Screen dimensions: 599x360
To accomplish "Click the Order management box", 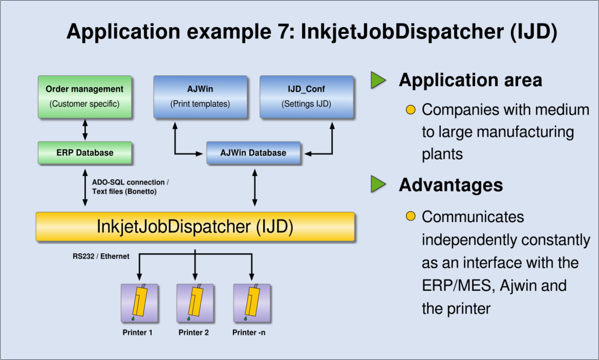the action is pos(85,97).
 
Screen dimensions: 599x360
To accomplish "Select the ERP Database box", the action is pos(85,153).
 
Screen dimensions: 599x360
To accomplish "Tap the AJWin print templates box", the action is pos(200,97).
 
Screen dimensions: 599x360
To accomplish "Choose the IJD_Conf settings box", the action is pos(307,97).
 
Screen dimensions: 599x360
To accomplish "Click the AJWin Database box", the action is pos(253,153).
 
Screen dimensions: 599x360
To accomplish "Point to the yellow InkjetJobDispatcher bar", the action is pos(195,227).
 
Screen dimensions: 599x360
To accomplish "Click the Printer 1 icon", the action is pos(139,303).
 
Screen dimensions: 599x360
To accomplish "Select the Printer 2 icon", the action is pos(195,303).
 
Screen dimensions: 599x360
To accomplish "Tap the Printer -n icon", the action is pos(252,303).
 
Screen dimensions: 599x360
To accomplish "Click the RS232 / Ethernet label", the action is pos(101,256).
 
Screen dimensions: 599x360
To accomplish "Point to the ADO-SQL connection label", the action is pos(130,187).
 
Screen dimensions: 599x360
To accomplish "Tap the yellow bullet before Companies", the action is pos(410,110).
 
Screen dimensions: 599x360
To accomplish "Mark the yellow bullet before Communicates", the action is pos(410,216).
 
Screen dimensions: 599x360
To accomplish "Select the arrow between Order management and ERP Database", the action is pos(85,130).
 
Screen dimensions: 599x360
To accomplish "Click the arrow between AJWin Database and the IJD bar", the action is pos(255,187).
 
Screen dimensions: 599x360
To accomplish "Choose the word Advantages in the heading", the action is pos(451,185).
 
